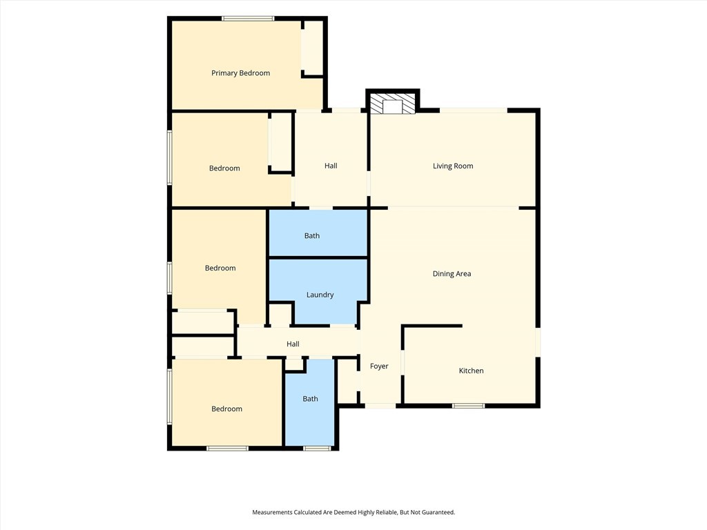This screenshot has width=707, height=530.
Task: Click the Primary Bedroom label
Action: pyautogui.click(x=241, y=73)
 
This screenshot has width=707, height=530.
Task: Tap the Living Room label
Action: pyautogui.click(x=453, y=166)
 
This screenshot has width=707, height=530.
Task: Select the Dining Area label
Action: pyautogui.click(x=452, y=273)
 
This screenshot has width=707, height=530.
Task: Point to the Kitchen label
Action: pyautogui.click(x=471, y=371)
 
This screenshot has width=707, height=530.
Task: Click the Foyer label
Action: pyautogui.click(x=379, y=366)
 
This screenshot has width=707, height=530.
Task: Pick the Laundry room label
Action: pyautogui.click(x=320, y=295)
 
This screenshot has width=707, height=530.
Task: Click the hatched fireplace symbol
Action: pyautogui.click(x=392, y=104)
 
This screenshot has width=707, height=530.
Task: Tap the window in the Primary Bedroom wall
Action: pyautogui.click(x=248, y=19)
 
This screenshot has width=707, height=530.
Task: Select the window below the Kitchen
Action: pyautogui.click(x=469, y=406)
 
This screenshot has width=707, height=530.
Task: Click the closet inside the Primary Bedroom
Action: pyautogui.click(x=312, y=48)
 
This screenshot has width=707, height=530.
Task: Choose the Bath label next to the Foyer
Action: pyautogui.click(x=310, y=399)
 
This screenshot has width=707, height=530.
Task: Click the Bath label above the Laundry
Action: pyautogui.click(x=312, y=236)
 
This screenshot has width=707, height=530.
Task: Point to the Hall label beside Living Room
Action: pyautogui.click(x=331, y=166)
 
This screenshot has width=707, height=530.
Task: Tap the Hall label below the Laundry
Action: pyautogui.click(x=293, y=344)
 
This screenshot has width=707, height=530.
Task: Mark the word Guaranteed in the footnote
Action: pyautogui.click(x=437, y=513)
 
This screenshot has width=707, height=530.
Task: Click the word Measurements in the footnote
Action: pyautogui.click(x=272, y=513)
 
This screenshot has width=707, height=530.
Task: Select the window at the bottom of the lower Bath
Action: pyautogui.click(x=317, y=448)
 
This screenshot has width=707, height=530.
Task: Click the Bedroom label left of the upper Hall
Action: pyautogui.click(x=224, y=168)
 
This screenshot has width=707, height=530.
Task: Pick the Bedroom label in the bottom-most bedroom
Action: pyautogui.click(x=226, y=409)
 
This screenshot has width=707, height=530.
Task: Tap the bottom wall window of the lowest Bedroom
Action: pyautogui.click(x=227, y=448)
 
